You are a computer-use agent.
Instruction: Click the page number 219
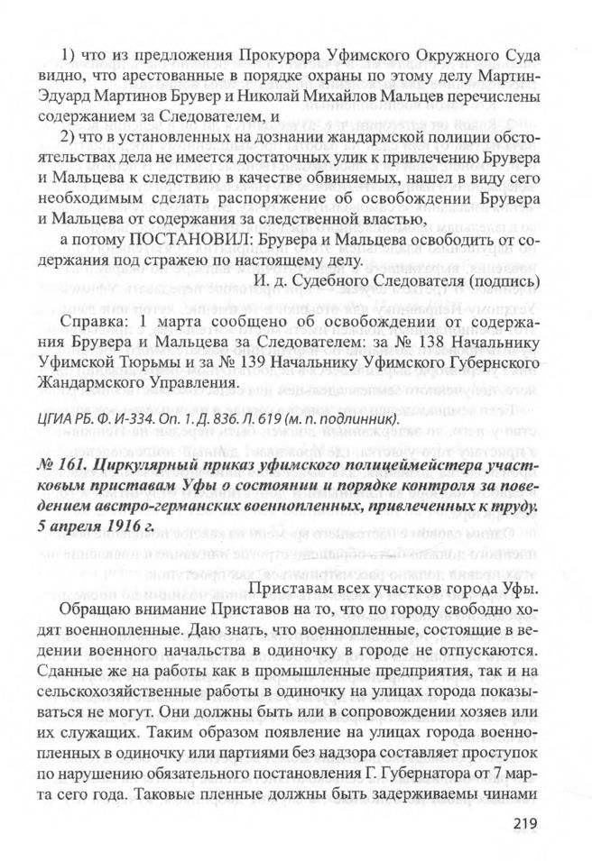coord(524,822)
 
